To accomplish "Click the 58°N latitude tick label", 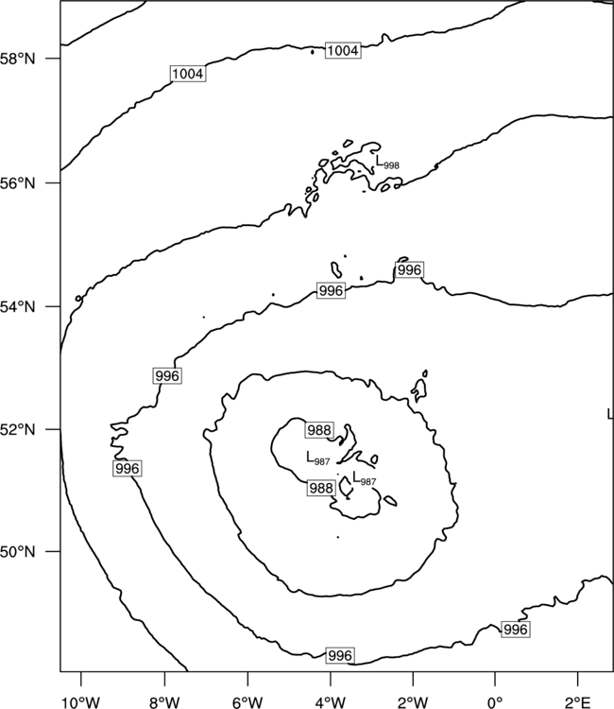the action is [18, 59].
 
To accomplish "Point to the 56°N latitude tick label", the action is [18, 183].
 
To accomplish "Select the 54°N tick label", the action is [18, 307].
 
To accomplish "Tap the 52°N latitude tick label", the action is [18, 429].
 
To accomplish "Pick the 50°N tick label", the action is [18, 552].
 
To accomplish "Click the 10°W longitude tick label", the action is [81, 702].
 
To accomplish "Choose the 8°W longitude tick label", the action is [164, 702].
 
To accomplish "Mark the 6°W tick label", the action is [247, 702].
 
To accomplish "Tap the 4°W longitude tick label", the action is [331, 702].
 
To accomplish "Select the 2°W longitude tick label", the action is [413, 702].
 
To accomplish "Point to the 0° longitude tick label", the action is [496, 702].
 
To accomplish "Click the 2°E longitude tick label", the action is [578, 702].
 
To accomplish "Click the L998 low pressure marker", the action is [387, 162].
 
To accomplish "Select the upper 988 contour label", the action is [320, 430].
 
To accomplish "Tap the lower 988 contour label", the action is [321, 489].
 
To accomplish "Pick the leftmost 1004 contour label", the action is [188, 74].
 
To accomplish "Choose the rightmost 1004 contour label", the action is [343, 51].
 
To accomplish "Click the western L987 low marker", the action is [318, 458].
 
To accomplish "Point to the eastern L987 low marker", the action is [365, 478].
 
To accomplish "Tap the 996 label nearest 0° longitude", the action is [516, 630].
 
